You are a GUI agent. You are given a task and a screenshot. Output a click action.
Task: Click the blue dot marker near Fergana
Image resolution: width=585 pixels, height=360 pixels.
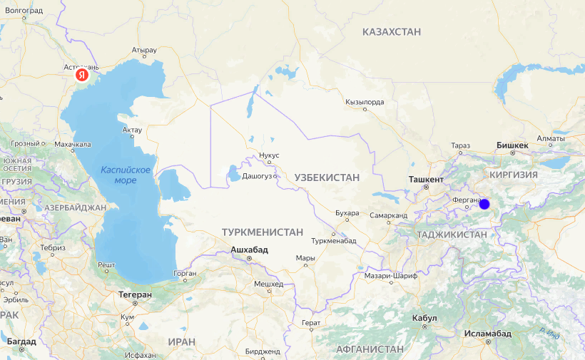click(x=484, y=204)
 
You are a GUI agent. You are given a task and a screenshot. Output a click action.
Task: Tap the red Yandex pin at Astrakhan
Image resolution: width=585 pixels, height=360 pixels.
click(x=83, y=73)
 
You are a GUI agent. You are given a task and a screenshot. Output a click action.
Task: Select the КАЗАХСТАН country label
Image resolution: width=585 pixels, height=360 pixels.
click(x=392, y=32)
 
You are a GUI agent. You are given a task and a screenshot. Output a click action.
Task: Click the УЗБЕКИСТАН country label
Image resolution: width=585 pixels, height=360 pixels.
click(x=327, y=176)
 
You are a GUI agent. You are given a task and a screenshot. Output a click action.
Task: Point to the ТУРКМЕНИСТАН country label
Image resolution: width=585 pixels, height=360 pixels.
click(x=263, y=232)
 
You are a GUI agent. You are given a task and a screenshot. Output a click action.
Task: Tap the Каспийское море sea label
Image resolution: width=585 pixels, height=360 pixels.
click(x=126, y=175)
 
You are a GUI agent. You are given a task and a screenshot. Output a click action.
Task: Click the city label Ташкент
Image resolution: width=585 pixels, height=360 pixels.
click(x=427, y=180)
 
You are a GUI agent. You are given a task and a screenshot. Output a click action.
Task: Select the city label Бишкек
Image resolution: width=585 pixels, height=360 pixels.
click(x=512, y=145)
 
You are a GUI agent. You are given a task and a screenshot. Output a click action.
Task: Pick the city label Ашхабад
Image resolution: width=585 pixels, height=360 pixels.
click(x=249, y=250)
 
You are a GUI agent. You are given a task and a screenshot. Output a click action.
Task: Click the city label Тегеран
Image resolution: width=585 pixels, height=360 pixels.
click(x=136, y=294)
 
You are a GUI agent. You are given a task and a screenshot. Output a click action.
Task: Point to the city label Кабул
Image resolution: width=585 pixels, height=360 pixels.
click(x=424, y=318)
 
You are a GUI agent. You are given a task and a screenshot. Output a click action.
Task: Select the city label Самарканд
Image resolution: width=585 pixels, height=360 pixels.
click(x=389, y=215)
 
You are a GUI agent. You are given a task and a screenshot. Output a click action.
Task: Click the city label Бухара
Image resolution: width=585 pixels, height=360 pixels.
click(x=347, y=212)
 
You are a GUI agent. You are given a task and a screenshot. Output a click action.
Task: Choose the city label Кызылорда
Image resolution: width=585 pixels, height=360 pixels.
click(x=365, y=102)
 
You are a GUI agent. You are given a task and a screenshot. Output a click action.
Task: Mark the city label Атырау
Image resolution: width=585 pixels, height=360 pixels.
click(x=143, y=51)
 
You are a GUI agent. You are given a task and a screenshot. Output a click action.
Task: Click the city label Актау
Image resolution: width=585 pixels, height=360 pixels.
click(x=132, y=130)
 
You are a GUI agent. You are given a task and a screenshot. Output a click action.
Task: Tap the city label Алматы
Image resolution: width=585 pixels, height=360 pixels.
click(x=551, y=138)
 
